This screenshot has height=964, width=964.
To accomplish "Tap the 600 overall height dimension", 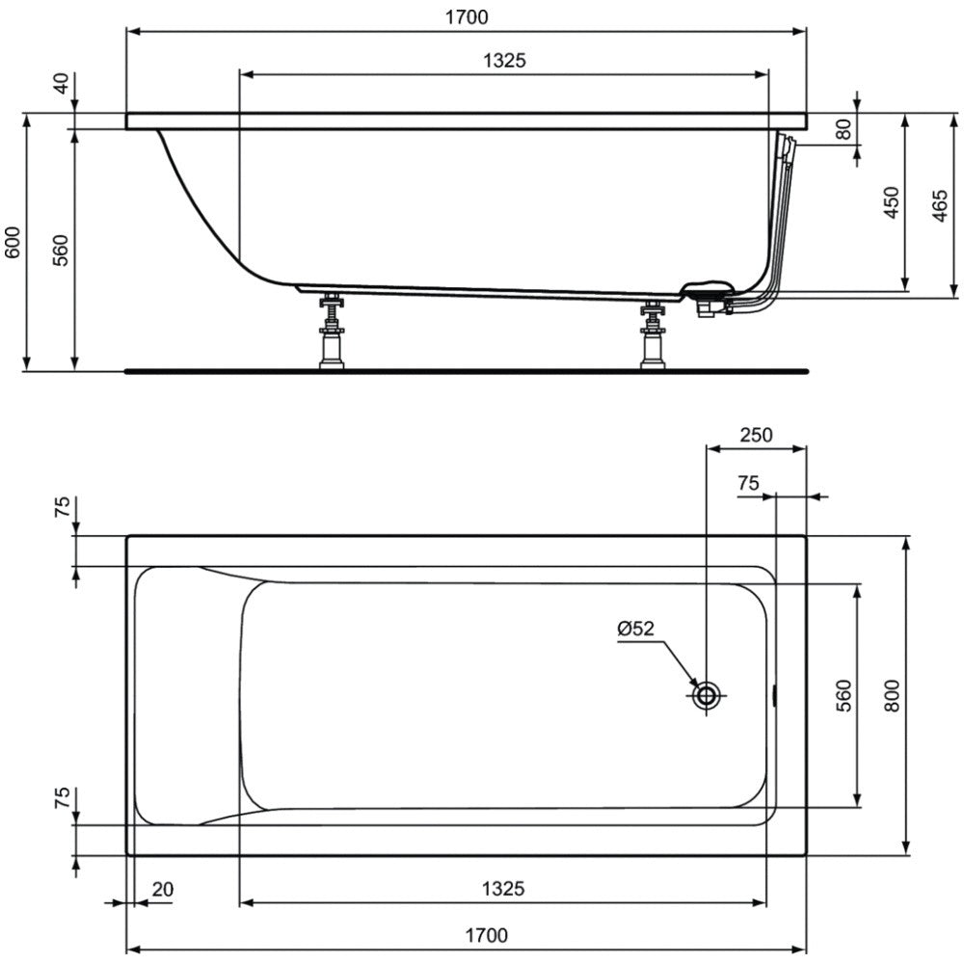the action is tap(13, 242).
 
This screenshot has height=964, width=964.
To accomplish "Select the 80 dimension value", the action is tap(843, 129).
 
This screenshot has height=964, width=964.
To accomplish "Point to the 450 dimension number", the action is tap(891, 202).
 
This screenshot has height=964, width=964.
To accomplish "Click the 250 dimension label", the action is tap(756, 435).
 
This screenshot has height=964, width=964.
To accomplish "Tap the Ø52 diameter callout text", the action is tap(635, 629).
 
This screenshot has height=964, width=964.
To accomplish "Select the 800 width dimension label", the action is tap(892, 696).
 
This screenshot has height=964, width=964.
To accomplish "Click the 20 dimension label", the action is tap(163, 889).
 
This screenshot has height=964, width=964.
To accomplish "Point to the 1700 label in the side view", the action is tap(467, 17).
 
